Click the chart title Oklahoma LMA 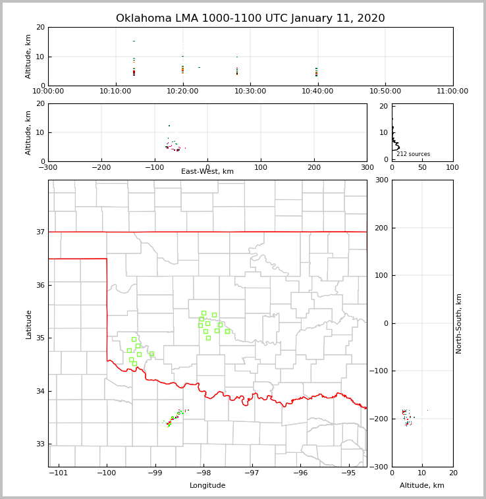tap(250, 18)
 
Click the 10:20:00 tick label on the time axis tap(183, 92)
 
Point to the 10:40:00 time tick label tap(317, 92)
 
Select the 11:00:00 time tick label tap(452, 92)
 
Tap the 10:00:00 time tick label tap(48, 92)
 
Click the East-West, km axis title tap(207, 172)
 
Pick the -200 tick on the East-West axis tap(101, 167)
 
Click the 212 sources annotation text tap(413, 154)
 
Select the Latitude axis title tap(29, 324)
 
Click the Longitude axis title tap(207, 486)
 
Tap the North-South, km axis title tap(459, 323)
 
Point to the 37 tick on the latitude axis tap(41, 232)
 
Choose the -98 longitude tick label tap(203, 473)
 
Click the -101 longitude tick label tap(59, 473)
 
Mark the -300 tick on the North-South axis tap(381, 467)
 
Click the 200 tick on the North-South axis tap(381, 228)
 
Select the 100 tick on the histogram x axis tap(452, 167)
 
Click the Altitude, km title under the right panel tap(422, 486)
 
